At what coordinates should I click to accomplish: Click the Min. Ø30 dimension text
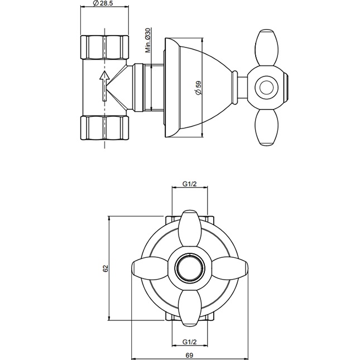[x=147, y=40]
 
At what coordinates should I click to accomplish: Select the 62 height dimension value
[x=105, y=268]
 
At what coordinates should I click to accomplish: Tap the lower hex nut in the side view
[x=105, y=127]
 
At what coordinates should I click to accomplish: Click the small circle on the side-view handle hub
[x=266, y=87]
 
